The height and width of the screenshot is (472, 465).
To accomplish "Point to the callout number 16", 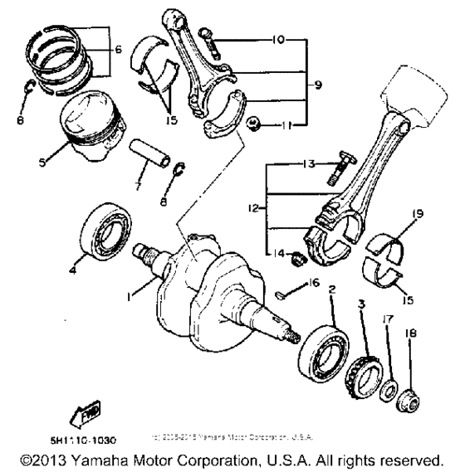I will (x=316, y=283).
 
